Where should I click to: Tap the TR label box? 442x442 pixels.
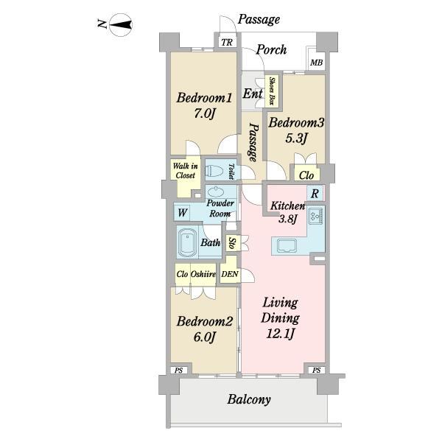pyautogui.click(x=227, y=42)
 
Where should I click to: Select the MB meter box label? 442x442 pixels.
pyautogui.click(x=316, y=63)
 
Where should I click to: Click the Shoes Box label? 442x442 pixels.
pyautogui.click(x=272, y=91)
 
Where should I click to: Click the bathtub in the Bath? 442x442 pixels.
pyautogui.click(x=187, y=242)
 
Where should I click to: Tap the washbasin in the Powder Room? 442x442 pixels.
pyautogui.click(x=216, y=192)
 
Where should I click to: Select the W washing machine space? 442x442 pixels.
pyautogui.click(x=182, y=213)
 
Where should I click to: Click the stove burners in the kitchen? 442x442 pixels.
pyautogui.click(x=316, y=216)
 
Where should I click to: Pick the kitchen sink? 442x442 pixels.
pyautogui.click(x=287, y=246)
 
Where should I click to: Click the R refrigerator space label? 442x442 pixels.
pyautogui.click(x=315, y=194)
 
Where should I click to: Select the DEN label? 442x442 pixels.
pyautogui.click(x=230, y=274)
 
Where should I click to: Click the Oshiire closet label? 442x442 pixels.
pyautogui.click(x=203, y=274)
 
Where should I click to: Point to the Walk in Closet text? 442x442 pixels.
pyautogui.click(x=185, y=171)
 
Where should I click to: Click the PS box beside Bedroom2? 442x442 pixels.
pyautogui.click(x=178, y=370)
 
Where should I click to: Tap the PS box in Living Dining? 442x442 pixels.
pyautogui.click(x=316, y=370)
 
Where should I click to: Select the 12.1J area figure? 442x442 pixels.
pyautogui.click(x=280, y=334)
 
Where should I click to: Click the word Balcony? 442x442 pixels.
pyautogui.click(x=249, y=399)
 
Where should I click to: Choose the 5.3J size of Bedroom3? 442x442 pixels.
pyautogui.click(x=296, y=138)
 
